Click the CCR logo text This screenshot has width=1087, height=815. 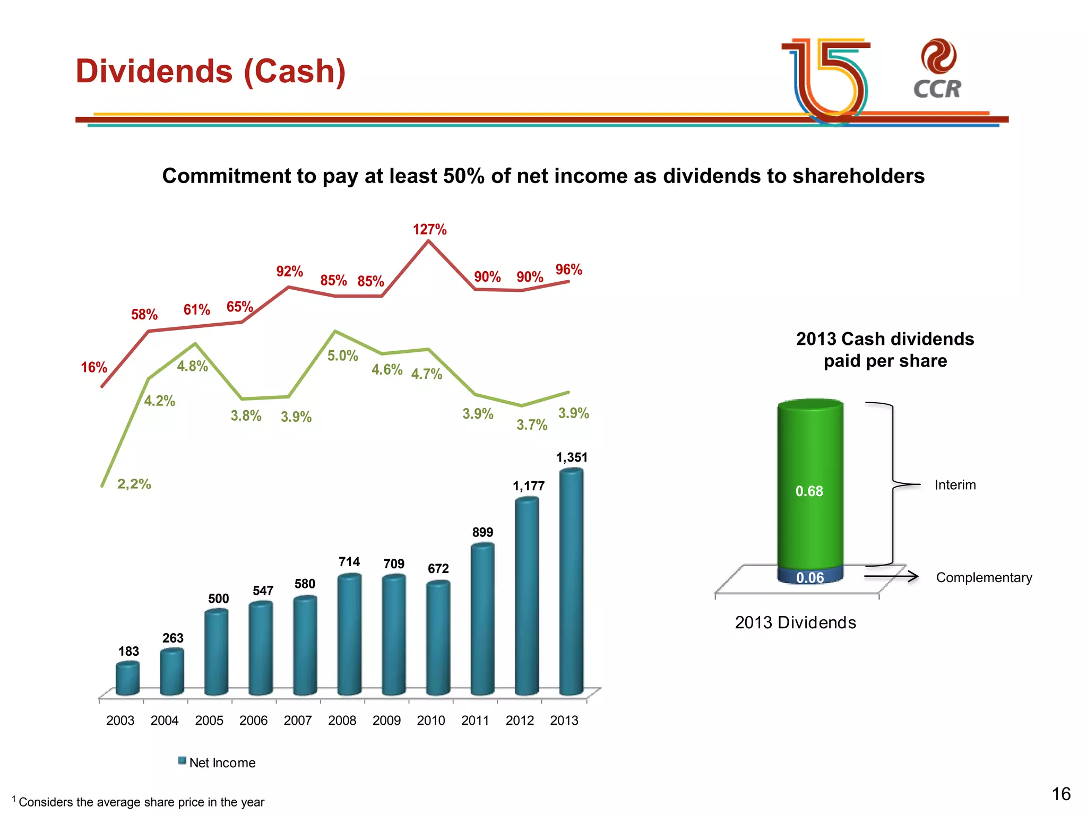click(x=937, y=89)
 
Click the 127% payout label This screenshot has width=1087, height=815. click(x=429, y=230)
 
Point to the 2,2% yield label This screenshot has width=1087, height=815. click(x=134, y=484)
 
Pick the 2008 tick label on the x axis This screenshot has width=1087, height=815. click(x=342, y=721)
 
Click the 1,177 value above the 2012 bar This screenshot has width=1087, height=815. click(x=528, y=486)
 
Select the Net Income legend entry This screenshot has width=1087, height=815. click(x=217, y=762)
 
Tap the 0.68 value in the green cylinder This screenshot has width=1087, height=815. click(x=809, y=491)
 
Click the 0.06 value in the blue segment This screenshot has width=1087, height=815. click(x=810, y=578)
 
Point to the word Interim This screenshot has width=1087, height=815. click(x=955, y=485)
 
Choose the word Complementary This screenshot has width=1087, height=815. click(x=984, y=577)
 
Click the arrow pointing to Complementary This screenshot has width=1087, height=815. click(x=892, y=577)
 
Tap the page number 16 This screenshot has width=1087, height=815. click(x=1061, y=794)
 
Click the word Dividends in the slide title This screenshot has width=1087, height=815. click(x=154, y=71)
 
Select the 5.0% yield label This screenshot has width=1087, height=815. click(x=342, y=356)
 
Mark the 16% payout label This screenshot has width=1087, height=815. click(x=94, y=367)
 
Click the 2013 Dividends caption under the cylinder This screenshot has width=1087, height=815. click(x=795, y=622)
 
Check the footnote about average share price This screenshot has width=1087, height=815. click(x=141, y=802)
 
